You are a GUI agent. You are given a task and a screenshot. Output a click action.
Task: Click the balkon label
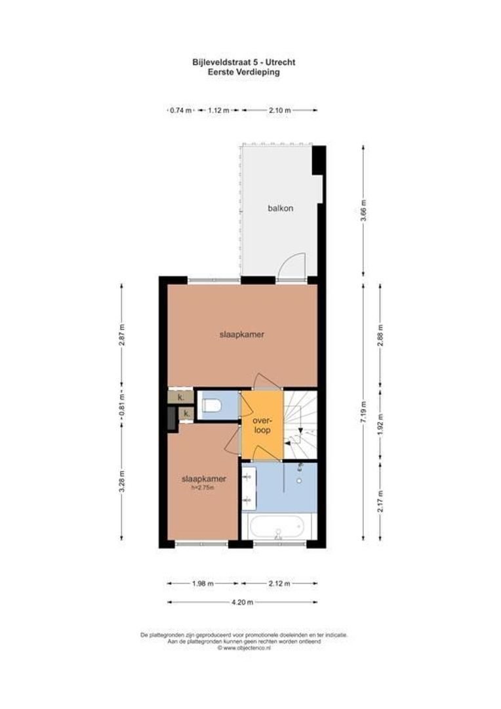coord(280,208)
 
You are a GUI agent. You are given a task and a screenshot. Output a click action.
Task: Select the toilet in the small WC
coord(211,406)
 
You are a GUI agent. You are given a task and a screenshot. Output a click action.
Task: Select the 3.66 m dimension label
coord(365,211)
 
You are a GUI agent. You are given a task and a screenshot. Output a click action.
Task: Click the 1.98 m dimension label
coord(203,582)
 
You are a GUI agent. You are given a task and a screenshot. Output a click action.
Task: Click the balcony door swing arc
coord(290,265)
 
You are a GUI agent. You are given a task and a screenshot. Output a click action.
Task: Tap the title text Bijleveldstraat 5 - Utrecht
coord(243,62)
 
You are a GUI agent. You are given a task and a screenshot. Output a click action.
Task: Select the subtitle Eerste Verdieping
coord(243,72)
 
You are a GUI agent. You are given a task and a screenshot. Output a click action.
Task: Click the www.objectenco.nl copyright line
coord(243,648)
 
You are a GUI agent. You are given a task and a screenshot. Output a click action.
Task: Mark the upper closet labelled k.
coord(180,397)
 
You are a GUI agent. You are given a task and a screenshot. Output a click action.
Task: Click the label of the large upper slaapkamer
coord(241,334)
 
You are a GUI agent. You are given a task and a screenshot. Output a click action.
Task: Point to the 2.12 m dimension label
coord(279,582)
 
